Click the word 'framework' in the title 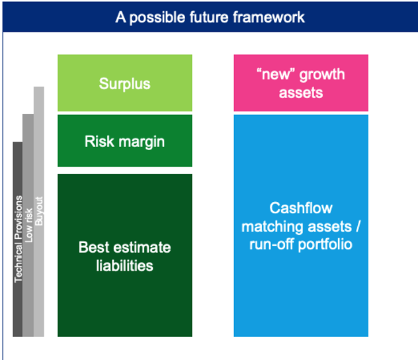269,17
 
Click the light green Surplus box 125,83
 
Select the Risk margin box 125,141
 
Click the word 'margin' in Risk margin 142,142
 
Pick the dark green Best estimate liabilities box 125,255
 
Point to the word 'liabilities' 125,265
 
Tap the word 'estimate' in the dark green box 142,247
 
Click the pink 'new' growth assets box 301,83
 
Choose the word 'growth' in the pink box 322,75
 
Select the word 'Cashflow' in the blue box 301,208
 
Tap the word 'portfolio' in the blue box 325,245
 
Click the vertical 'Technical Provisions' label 18,239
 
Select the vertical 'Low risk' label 28,226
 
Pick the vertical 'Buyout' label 39,211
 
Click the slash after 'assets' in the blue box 358,226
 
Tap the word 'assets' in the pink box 301,93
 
